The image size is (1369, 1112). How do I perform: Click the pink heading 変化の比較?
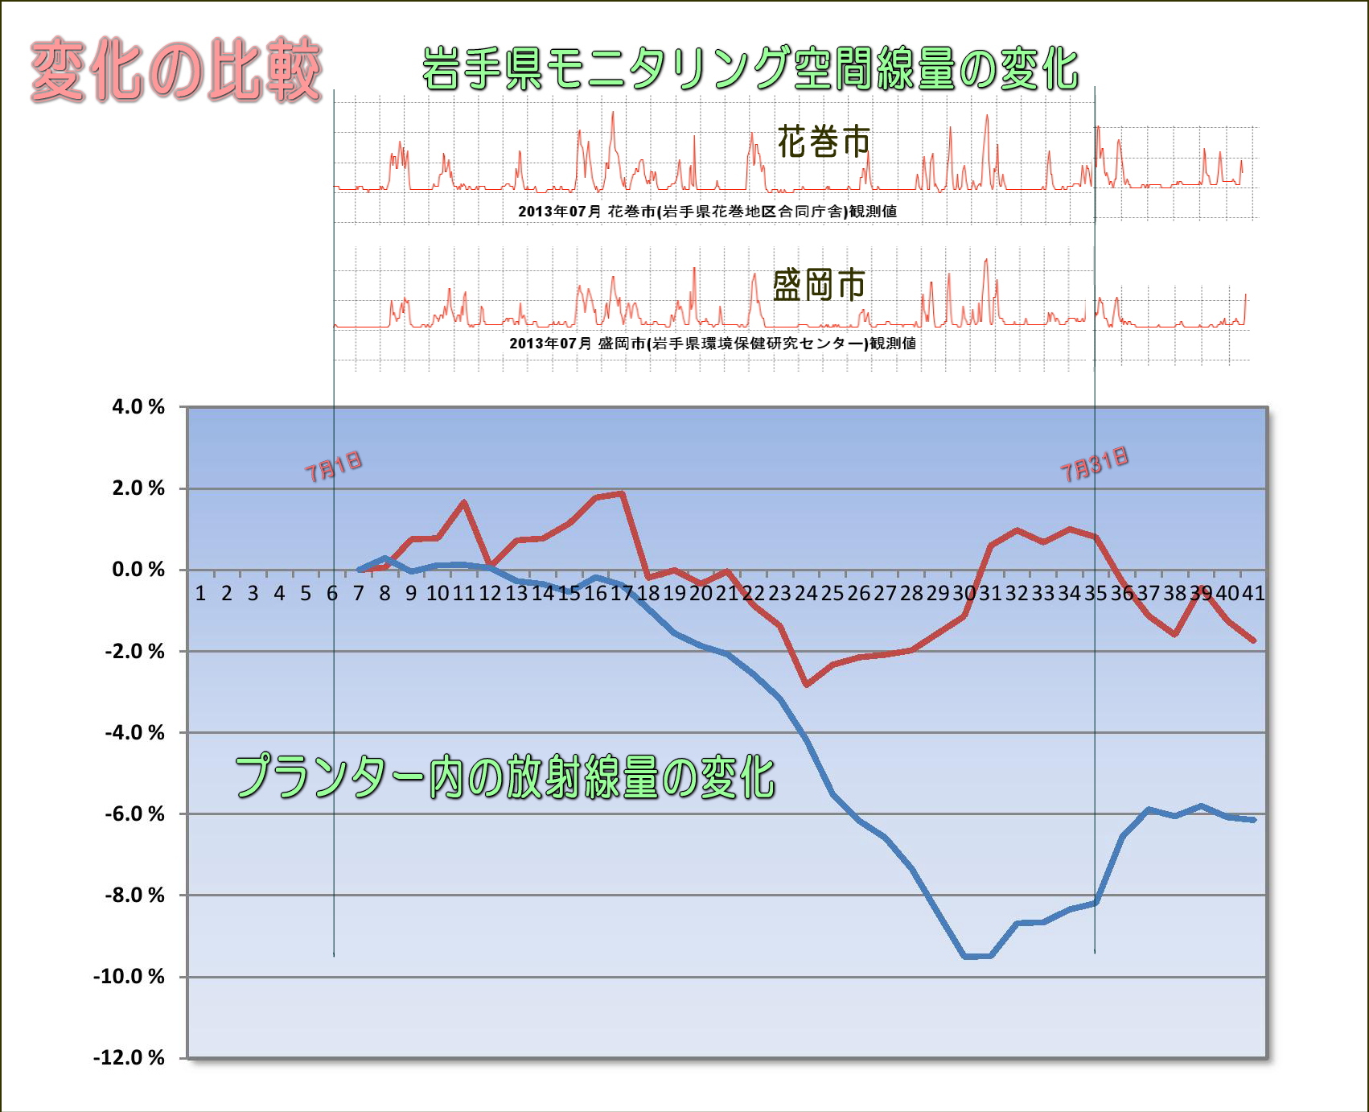[175, 71]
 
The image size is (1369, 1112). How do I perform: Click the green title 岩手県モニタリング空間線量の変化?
[750, 68]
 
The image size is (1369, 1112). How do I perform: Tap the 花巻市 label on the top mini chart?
[824, 142]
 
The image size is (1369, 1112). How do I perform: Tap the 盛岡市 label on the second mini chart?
[819, 285]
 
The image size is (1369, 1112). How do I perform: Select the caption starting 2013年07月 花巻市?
[707, 212]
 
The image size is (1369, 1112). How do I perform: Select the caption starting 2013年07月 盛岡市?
[712, 344]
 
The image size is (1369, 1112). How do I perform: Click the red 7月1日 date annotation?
[333, 467]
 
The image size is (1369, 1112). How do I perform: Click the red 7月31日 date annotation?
[1094, 464]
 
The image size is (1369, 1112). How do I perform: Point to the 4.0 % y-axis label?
[138, 407]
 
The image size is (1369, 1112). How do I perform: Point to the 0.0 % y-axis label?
[138, 570]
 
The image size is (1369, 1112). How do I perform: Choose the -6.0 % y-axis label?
[134, 813]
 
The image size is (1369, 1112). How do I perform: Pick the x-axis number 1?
[200, 594]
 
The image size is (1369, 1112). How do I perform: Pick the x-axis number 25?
[832, 594]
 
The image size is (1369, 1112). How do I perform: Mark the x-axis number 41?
[1253, 594]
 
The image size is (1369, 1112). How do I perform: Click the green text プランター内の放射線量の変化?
[504, 777]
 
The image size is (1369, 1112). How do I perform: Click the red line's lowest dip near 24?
[806, 684]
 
